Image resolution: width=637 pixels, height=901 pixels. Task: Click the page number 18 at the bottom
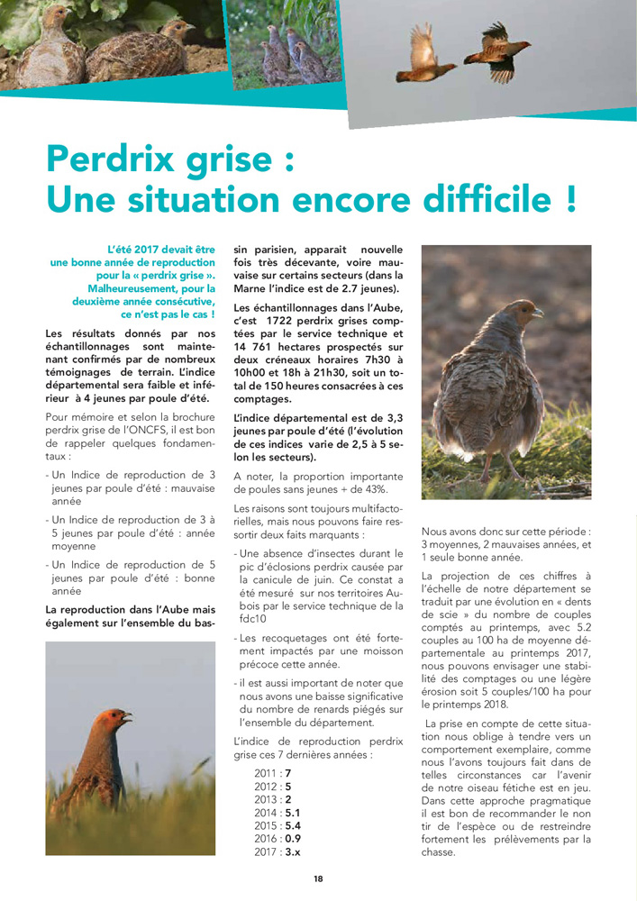point(318,878)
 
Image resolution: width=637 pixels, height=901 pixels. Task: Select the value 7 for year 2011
point(287,773)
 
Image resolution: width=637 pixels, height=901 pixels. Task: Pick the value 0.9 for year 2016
point(292,839)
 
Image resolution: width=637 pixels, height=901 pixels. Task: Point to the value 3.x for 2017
point(293,851)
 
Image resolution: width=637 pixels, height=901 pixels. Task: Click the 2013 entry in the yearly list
point(267,799)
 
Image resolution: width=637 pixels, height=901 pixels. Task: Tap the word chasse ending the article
point(439,852)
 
